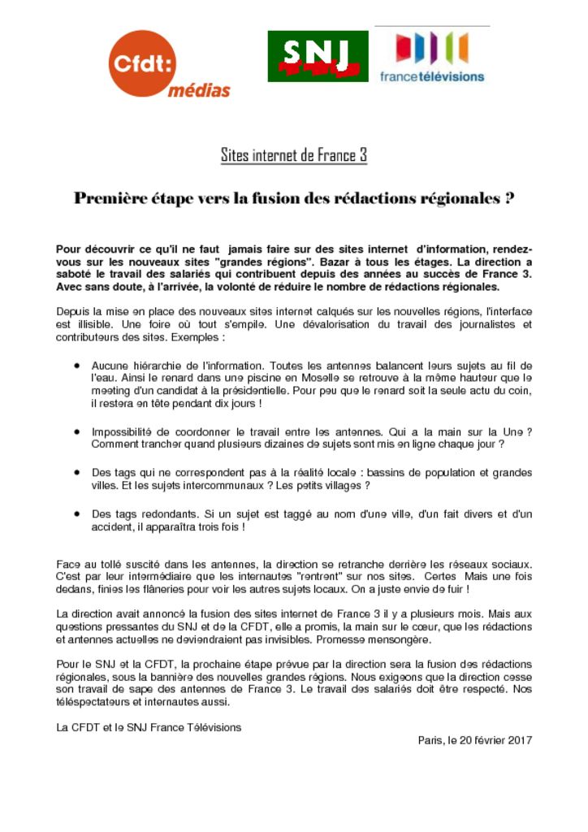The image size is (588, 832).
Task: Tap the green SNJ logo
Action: (x=318, y=56)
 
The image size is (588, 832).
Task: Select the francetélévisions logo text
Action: (x=431, y=76)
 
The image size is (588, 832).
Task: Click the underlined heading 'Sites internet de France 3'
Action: (x=294, y=154)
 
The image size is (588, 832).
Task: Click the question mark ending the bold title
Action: (x=509, y=198)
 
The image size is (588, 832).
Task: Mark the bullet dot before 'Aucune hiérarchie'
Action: (x=76, y=366)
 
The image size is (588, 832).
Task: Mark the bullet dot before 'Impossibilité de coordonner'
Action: (x=76, y=432)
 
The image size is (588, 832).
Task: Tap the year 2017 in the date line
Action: (x=517, y=740)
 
